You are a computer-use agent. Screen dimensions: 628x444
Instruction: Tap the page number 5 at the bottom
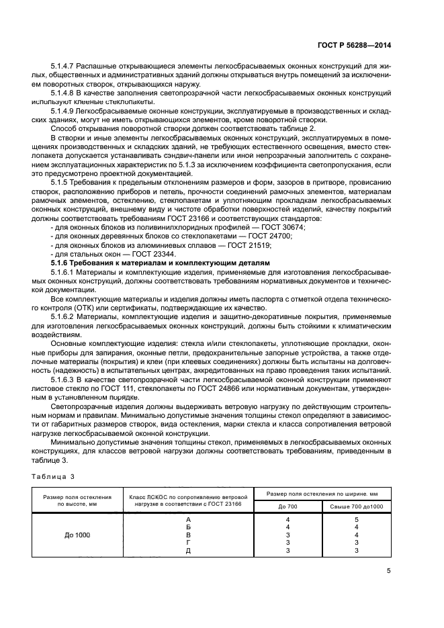click(x=389, y=572)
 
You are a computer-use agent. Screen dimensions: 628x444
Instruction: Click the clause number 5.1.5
click(x=62, y=181)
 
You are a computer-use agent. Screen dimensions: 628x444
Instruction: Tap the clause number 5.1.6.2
click(x=66, y=315)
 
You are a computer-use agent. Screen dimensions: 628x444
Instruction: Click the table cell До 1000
click(x=74, y=535)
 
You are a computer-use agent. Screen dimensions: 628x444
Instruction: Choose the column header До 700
click(x=287, y=506)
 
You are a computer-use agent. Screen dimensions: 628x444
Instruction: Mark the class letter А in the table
click(x=188, y=519)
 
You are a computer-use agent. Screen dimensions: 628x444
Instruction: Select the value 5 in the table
click(x=357, y=519)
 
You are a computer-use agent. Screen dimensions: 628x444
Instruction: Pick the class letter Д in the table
click(x=188, y=550)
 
